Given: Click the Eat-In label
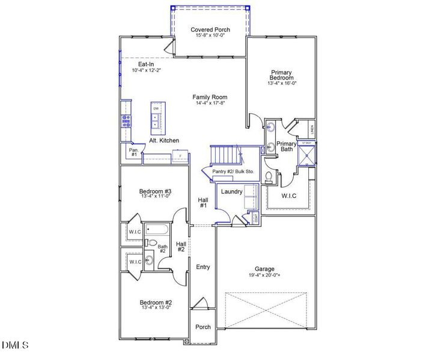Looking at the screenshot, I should point(147,64).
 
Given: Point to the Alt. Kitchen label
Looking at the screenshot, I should point(165,141).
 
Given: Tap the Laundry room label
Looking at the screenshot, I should point(231,192).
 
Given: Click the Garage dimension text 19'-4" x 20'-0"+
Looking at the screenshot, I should point(264,276).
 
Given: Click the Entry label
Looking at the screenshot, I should point(203,267).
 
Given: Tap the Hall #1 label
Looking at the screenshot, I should point(203,202).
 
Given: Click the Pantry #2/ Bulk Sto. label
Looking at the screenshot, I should point(234,172).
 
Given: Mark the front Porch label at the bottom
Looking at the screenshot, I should point(203,327).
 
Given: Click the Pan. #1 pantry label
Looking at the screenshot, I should point(133,152).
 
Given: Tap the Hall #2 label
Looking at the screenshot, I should point(181,247).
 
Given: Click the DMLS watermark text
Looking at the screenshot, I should point(15,345).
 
